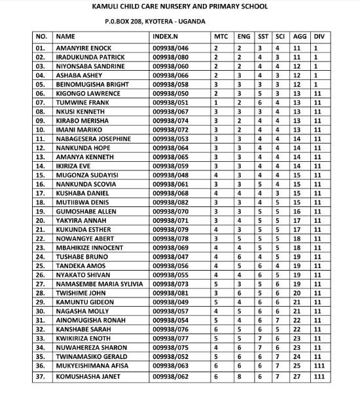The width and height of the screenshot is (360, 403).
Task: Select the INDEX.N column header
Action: [x=168, y=37]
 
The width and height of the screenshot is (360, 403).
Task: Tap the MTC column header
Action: [x=221, y=37]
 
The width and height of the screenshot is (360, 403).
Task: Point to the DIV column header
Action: [x=319, y=37]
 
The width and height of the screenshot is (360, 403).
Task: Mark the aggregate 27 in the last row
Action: [x=297, y=377]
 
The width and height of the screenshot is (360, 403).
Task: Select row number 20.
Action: [x=41, y=220]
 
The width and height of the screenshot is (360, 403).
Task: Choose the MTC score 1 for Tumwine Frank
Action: [x=217, y=102]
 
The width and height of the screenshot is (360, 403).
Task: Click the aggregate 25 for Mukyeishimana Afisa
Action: [x=297, y=365]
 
